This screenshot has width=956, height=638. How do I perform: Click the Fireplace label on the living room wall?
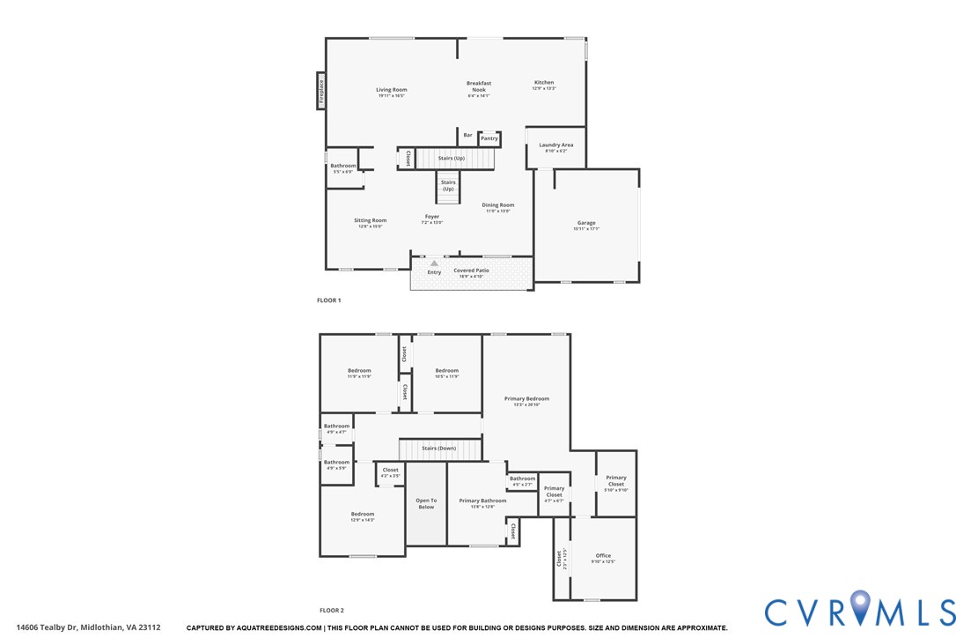(321, 91)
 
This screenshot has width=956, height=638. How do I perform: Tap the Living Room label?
(392, 90)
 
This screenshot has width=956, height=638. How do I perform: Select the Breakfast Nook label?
(479, 86)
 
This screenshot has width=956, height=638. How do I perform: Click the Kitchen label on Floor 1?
(544, 83)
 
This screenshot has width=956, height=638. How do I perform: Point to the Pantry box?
(489, 138)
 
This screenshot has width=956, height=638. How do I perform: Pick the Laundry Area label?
(556, 145)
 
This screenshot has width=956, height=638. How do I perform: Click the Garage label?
(586, 224)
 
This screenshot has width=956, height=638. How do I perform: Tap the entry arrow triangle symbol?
(434, 263)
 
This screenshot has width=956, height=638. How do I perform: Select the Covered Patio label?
(471, 271)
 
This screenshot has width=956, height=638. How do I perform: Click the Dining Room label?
(497, 205)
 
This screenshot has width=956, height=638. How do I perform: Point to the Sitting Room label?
(371, 221)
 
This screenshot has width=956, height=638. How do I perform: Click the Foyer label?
(432, 217)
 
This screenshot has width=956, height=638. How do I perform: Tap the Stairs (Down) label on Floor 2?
(439, 449)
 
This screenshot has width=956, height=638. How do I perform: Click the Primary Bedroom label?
(526, 399)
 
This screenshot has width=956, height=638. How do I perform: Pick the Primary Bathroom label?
(482, 501)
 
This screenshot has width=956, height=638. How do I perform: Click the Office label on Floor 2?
(603, 556)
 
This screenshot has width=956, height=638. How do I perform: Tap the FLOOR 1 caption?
(329, 300)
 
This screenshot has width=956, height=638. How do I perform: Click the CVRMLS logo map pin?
(859, 609)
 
